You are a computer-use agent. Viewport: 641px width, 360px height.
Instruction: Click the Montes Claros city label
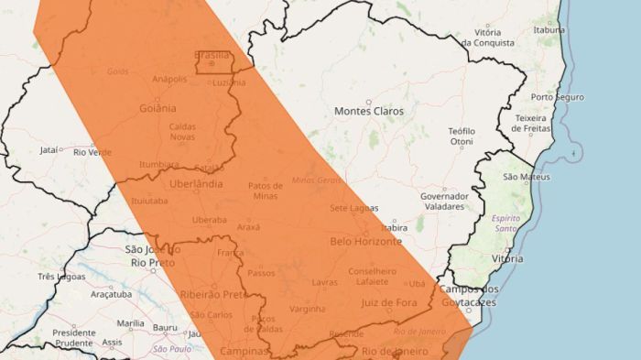click(x=368, y=111)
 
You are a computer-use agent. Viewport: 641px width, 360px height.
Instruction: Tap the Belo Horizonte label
click(x=365, y=242)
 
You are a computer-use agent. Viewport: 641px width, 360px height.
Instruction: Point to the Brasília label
click(x=212, y=55)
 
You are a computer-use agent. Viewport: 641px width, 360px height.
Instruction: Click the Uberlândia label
click(x=195, y=184)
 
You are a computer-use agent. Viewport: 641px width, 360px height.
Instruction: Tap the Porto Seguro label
click(x=556, y=97)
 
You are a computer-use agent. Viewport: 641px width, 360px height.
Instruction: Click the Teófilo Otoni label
click(x=462, y=136)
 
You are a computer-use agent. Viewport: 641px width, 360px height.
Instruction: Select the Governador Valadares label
click(x=444, y=202)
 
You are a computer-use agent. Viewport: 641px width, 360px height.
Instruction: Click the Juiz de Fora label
click(x=389, y=302)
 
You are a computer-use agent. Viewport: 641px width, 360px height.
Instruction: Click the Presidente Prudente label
click(x=74, y=337)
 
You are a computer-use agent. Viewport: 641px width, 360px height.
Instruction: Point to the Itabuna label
click(x=549, y=29)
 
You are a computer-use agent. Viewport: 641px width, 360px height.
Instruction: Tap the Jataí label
click(x=49, y=150)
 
